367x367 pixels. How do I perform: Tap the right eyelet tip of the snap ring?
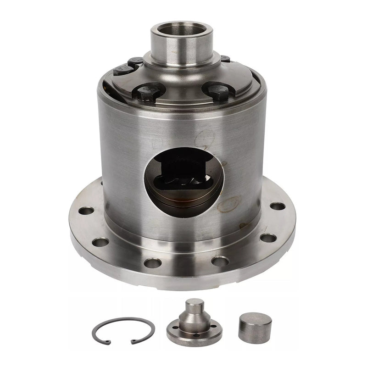click(x=133, y=341)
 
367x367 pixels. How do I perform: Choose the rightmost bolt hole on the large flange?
click(x=277, y=206)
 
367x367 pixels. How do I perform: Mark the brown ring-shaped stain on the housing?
click(x=229, y=204)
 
